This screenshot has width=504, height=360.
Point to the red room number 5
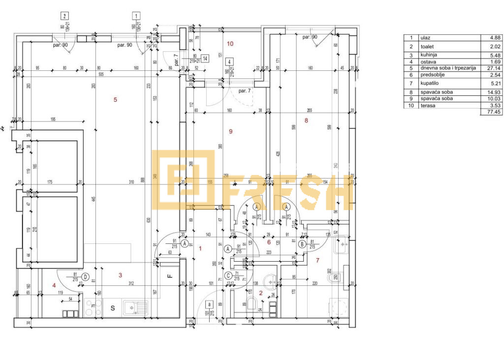pos(115,100)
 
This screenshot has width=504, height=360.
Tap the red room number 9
pos(229,131)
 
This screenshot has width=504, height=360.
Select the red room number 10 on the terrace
pos(230,44)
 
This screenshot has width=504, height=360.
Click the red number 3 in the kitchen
pos(120,275)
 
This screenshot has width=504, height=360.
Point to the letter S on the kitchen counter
pos(113,308)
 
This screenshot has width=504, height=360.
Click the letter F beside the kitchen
pos(169,276)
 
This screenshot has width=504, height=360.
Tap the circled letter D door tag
pos(85,277)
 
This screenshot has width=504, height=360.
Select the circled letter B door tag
pos(301,243)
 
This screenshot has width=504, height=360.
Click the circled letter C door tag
pos(228,276)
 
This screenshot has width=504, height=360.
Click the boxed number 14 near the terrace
pos(205,58)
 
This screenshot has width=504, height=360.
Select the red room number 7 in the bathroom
pos(317,260)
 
